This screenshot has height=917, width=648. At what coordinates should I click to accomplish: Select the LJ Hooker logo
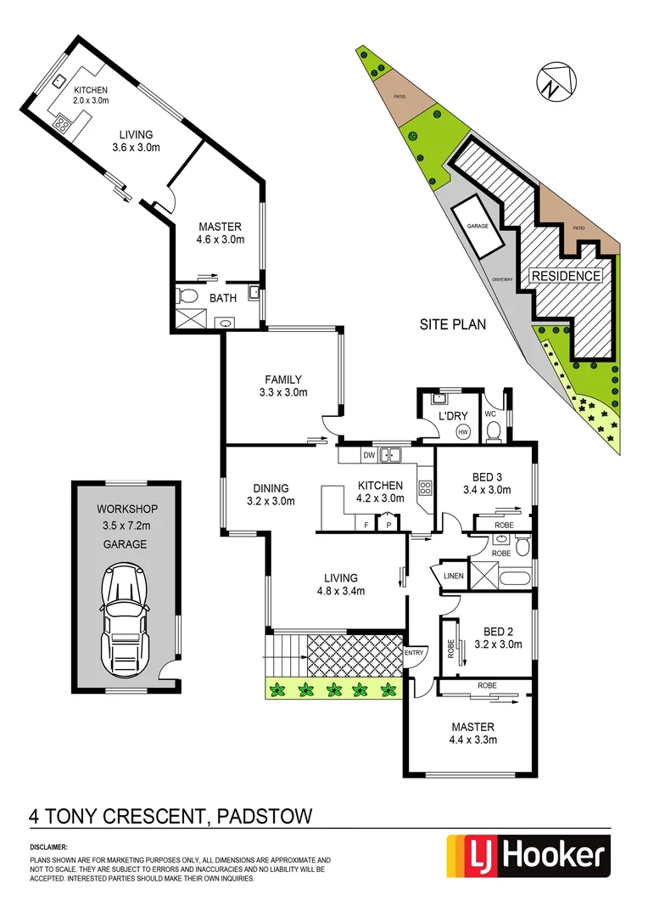coord(528,856)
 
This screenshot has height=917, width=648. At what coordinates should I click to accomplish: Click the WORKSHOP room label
coord(126,509)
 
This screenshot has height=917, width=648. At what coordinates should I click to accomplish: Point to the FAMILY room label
coord(283,380)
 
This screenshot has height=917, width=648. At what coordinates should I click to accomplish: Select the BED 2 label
coord(498,631)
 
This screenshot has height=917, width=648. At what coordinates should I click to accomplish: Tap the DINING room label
coord(271,488)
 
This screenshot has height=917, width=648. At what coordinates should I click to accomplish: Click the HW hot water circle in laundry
coord(462,432)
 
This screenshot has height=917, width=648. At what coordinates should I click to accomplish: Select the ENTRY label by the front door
coord(414,652)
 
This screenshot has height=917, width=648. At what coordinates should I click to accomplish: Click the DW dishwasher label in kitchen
coord(367,456)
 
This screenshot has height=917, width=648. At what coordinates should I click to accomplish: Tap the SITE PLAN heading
coord(453,324)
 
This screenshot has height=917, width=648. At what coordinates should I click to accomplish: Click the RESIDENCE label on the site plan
coord(566,276)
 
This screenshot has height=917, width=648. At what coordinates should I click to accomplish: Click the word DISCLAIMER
coord(49,847)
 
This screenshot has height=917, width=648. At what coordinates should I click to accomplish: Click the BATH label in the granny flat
coord(223,298)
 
